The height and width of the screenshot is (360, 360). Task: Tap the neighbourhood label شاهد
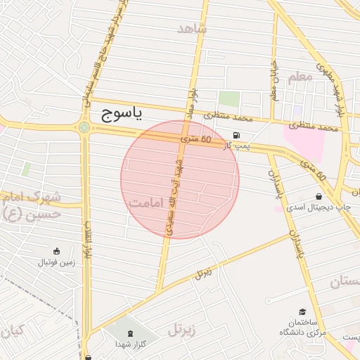pyautogui.click(x=193, y=29)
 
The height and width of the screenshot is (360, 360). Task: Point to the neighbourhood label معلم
pyautogui.click(x=300, y=78)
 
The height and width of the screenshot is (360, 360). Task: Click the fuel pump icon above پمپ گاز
pyautogui.click(x=236, y=135)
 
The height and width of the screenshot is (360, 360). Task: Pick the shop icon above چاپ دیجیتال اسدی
pyautogui.click(x=320, y=196)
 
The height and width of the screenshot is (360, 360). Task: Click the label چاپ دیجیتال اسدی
pyautogui.click(x=322, y=208)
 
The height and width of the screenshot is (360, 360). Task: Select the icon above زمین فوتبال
pyautogui.click(x=57, y=251)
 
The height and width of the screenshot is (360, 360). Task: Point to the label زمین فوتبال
pyautogui.click(x=56, y=263)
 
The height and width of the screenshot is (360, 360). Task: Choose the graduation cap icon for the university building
pyautogui.click(x=302, y=311)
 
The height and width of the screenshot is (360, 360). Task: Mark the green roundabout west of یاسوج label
pyautogui.click(x=85, y=127)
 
